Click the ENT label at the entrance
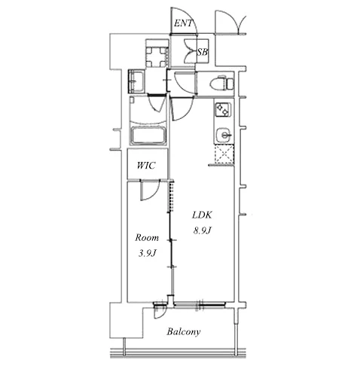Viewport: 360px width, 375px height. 183,23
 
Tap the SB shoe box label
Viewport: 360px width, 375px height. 202,52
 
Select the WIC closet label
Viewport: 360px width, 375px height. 146,166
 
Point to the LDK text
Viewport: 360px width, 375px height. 202,215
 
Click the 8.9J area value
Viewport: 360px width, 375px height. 202,230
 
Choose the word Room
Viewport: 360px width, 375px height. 147,237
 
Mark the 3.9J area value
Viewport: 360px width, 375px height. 148,253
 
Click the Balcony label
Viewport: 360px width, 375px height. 184,331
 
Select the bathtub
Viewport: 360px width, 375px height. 148,136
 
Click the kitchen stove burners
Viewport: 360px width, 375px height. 222,109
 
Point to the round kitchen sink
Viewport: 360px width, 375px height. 224,135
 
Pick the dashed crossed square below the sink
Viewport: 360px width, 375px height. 224,154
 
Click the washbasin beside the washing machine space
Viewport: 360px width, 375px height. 136,81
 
